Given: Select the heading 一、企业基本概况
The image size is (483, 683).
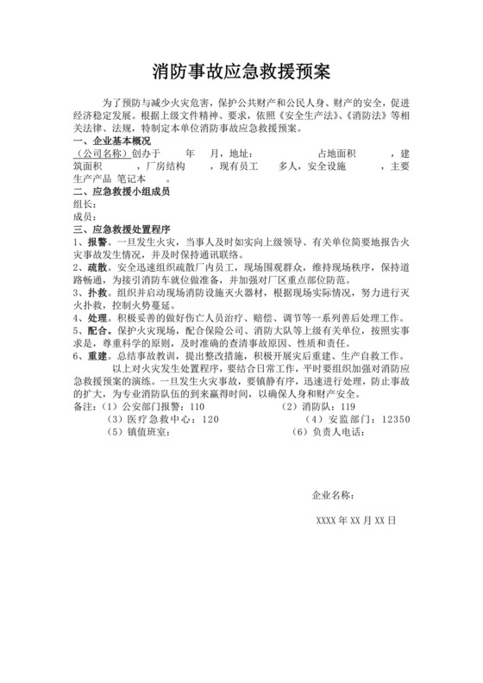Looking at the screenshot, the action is tap(112, 141).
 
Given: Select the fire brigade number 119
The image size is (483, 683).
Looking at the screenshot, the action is tap(348, 406).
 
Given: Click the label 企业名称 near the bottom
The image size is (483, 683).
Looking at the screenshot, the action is tap(332, 496).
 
